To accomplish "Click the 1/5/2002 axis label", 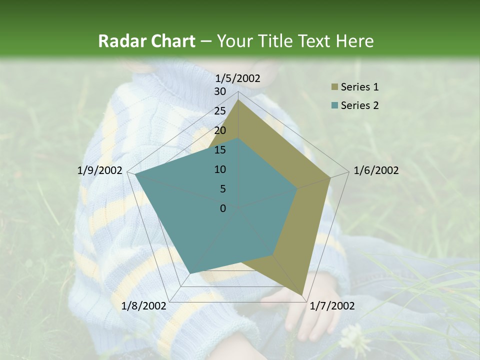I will (x=237, y=78).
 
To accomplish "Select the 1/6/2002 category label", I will (x=376, y=170).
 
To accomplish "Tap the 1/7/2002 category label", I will (x=332, y=306).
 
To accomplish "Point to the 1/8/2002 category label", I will (x=144, y=306).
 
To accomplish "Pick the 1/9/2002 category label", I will (x=100, y=170).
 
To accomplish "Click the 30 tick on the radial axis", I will (x=220, y=91).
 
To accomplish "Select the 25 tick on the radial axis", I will (x=220, y=111).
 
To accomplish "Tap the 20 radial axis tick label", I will (x=220, y=130).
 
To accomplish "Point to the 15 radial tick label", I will (x=220, y=150).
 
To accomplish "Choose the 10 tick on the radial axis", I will (x=220, y=169).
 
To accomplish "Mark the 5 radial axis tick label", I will (x=222, y=189).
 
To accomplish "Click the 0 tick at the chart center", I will (x=223, y=208).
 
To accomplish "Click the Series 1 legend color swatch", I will (x=334, y=87).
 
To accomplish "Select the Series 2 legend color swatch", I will (x=334, y=105).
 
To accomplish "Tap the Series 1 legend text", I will (x=359, y=87).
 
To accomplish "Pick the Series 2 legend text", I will (x=359, y=105).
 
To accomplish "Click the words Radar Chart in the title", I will (x=146, y=41).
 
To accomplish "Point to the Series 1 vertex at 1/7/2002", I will (x=302, y=295).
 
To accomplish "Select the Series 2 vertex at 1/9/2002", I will (x=135, y=174).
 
